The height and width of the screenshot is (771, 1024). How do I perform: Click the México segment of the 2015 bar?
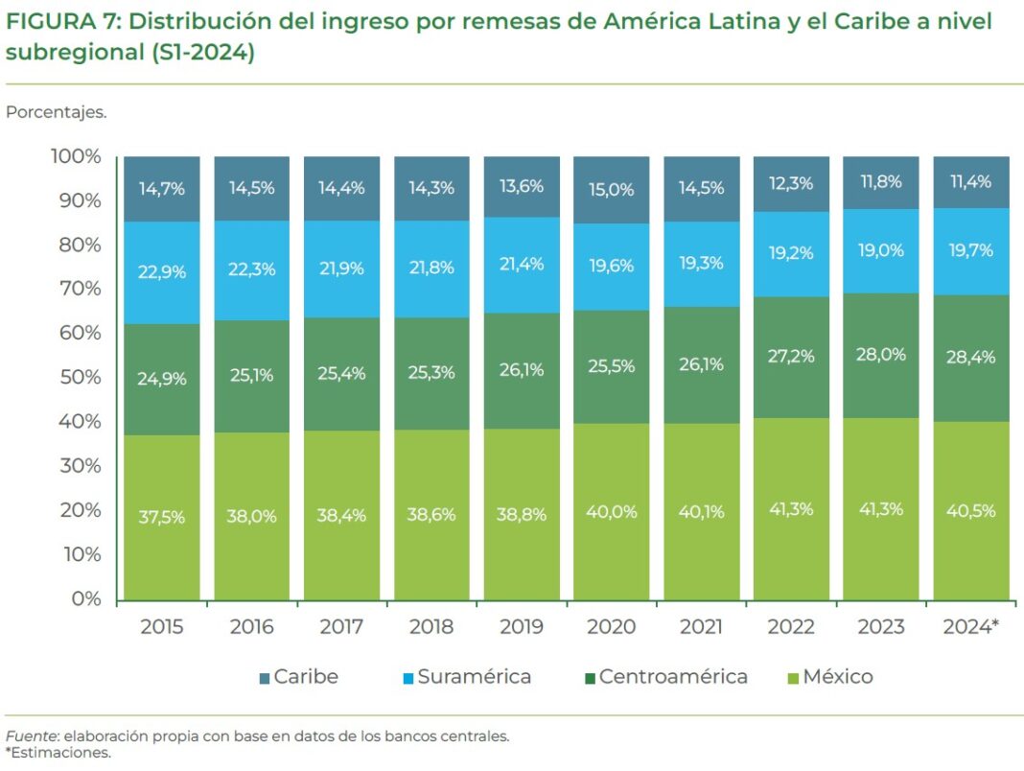click(162, 518)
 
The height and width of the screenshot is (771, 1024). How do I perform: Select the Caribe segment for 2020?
click(612, 190)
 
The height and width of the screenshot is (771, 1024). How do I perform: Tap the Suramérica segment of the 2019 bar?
click(522, 265)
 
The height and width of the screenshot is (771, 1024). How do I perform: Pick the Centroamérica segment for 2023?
click(881, 355)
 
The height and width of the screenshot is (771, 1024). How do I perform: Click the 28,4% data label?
click(971, 358)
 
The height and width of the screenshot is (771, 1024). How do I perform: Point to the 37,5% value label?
click(162, 517)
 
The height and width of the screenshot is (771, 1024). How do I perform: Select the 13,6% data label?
click(522, 186)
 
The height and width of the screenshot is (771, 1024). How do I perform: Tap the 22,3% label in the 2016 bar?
click(252, 269)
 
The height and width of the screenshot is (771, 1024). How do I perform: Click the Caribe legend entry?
click(298, 677)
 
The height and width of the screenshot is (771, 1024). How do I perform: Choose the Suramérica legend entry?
click(466, 677)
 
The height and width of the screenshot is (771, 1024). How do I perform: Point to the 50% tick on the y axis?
click(77, 377)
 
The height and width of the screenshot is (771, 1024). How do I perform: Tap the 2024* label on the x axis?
click(970, 627)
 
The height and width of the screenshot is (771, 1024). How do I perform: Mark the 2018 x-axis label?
click(431, 627)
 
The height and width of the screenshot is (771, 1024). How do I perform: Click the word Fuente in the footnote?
click(30, 736)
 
